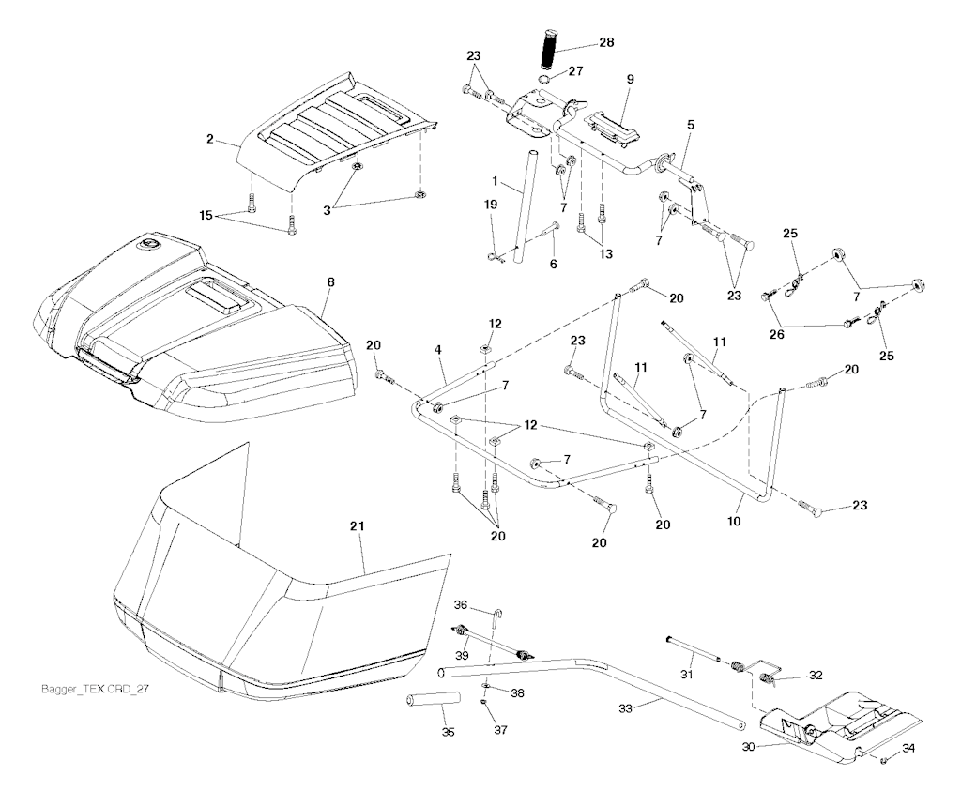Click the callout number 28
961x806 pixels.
(x=606, y=44)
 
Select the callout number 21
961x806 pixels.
(x=357, y=529)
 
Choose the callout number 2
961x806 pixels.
(x=210, y=140)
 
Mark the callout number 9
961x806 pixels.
(x=631, y=79)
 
